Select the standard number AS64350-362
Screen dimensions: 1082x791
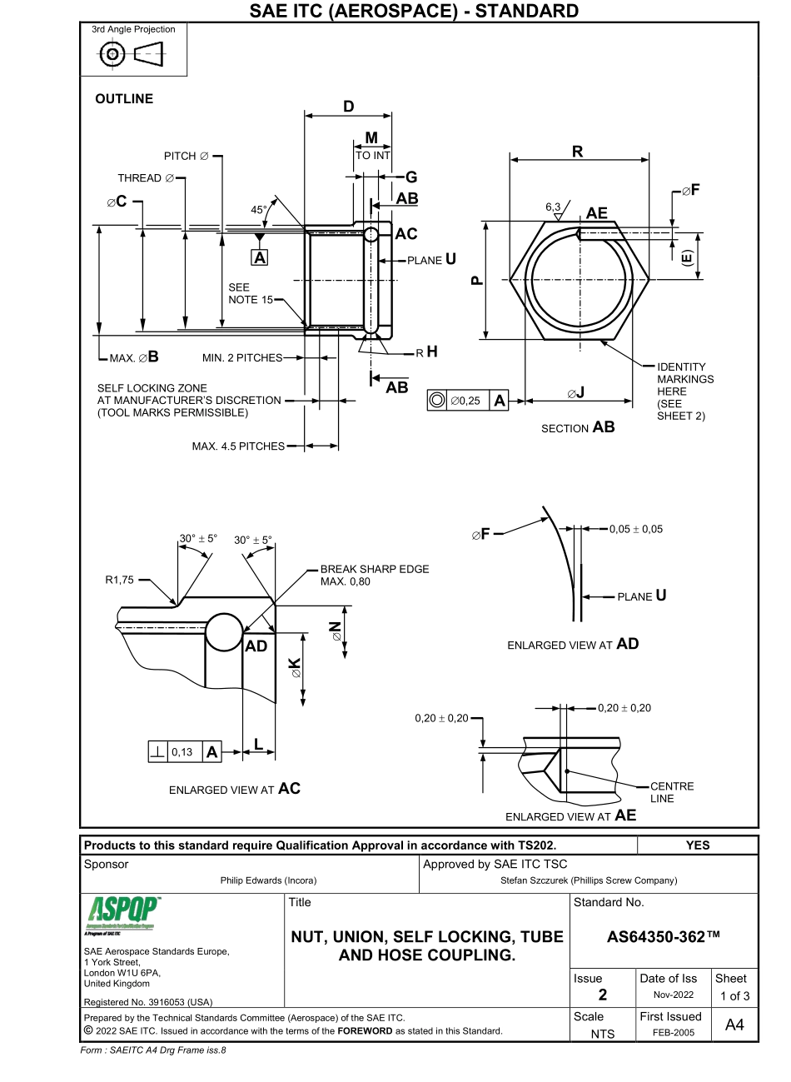[664, 937]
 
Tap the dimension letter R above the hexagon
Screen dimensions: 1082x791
[577, 152]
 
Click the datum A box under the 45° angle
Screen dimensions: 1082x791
[261, 258]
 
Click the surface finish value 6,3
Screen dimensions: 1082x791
[553, 206]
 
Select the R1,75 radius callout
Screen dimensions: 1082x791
[119, 581]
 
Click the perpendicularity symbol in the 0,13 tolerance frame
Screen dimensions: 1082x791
[157, 752]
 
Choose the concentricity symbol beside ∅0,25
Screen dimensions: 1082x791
[435, 401]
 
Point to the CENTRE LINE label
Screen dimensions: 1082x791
[672, 792]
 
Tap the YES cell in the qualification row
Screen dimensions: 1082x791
[697, 845]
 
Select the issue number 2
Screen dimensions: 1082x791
[603, 995]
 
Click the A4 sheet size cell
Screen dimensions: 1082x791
[734, 1025]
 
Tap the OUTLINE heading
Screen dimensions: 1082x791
[124, 98]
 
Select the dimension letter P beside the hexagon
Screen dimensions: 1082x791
[476, 281]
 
